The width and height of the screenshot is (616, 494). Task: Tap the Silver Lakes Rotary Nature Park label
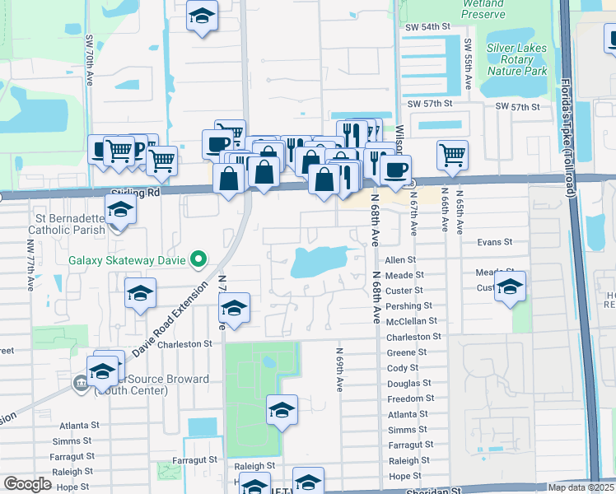click(x=516, y=59)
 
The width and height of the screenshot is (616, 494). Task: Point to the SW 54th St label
click(x=428, y=27)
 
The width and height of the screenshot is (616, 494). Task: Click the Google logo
click(x=27, y=484)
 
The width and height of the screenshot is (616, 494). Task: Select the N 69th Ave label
click(x=338, y=369)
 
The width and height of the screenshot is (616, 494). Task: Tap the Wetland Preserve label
click(x=483, y=9)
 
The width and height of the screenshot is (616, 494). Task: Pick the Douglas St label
click(x=408, y=384)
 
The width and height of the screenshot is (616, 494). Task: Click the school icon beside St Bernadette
click(x=120, y=210)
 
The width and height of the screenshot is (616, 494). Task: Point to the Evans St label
click(x=495, y=243)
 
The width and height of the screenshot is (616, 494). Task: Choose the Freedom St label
click(x=409, y=399)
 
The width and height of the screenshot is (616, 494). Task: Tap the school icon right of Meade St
click(x=511, y=288)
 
